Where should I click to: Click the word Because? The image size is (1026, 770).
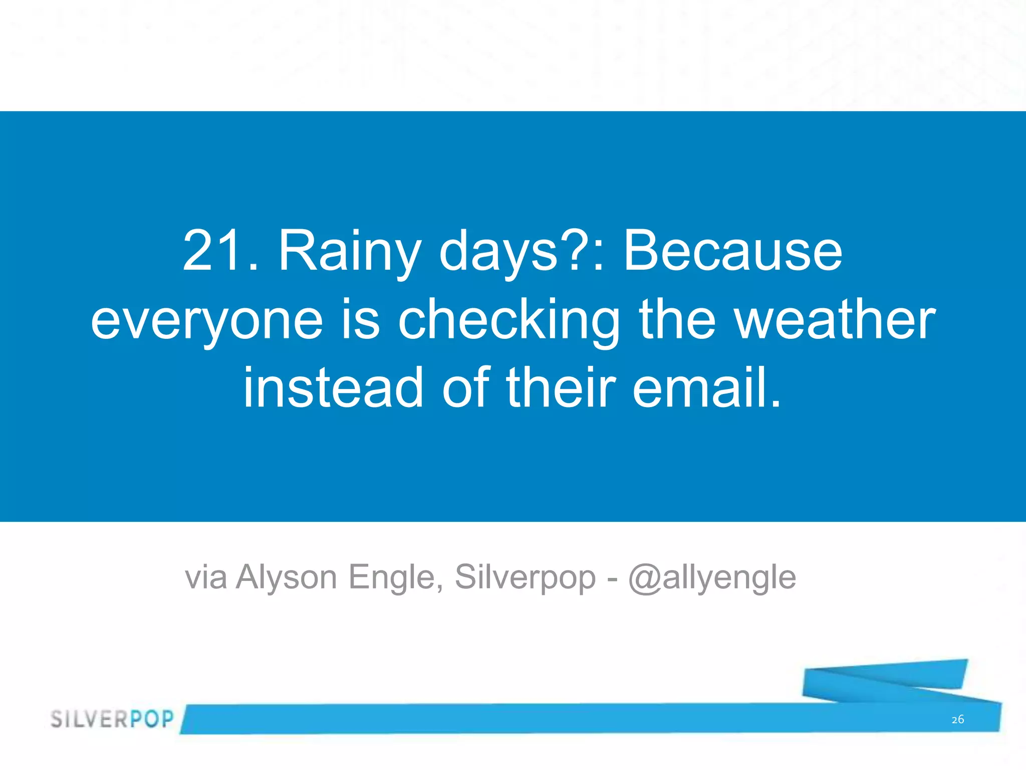pyautogui.click(x=732, y=251)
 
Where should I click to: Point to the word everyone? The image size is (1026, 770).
pyautogui.click(x=207, y=321)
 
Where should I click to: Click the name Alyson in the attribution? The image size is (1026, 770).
pyautogui.click(x=287, y=577)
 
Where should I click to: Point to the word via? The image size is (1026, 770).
pyautogui.click(x=205, y=577)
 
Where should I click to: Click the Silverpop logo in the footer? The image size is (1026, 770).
pyautogui.click(x=112, y=719)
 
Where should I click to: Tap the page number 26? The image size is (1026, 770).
pyautogui.click(x=957, y=720)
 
